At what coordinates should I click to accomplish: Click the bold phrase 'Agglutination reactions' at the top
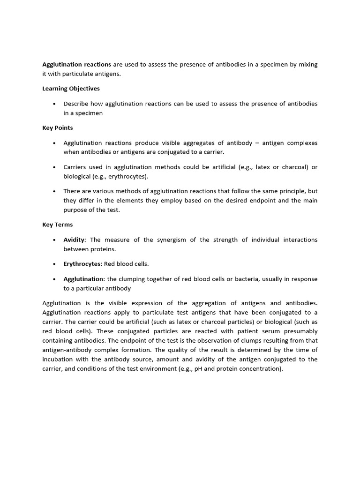(76, 65)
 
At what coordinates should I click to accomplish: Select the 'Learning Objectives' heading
(71, 88)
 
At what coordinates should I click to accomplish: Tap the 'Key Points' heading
(57, 127)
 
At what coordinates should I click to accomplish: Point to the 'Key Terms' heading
(57, 225)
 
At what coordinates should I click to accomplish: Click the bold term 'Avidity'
(74, 240)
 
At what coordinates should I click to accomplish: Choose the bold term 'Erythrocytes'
(82, 264)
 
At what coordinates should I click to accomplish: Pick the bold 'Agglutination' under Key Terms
(83, 279)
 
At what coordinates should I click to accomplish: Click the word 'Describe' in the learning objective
(76, 104)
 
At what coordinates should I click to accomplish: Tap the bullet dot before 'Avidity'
(55, 240)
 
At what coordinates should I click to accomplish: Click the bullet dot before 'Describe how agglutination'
(55, 104)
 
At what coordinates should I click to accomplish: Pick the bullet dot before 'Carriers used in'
(55, 167)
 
